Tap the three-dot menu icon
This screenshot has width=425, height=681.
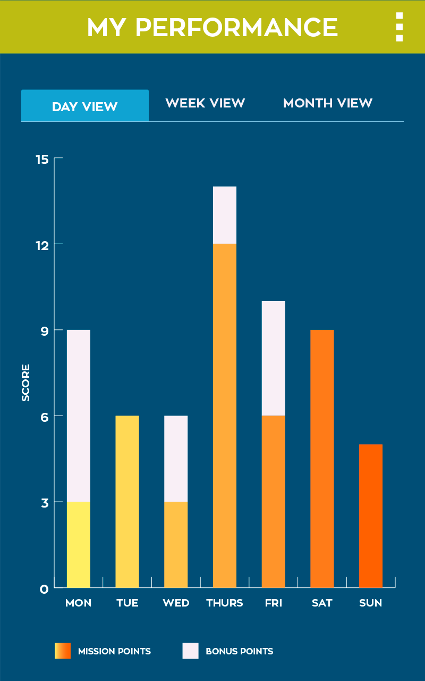tap(399, 27)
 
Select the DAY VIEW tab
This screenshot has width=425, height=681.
tap(85, 106)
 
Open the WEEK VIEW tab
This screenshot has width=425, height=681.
tap(205, 103)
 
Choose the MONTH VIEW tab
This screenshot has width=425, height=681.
tap(328, 103)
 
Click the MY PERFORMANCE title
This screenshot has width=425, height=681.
tap(212, 27)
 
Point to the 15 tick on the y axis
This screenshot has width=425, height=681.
tap(42, 159)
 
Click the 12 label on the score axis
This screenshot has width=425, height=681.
tap(42, 245)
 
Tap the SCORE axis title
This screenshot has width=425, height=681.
tap(26, 383)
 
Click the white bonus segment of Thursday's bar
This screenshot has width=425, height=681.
tap(225, 215)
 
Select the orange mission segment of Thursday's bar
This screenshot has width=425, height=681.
tap(225, 415)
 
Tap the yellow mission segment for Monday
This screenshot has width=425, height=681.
tap(79, 544)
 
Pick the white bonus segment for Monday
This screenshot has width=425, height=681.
tap(79, 416)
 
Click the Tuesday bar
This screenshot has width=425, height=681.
tap(127, 501)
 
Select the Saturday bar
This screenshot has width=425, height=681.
tap(322, 458)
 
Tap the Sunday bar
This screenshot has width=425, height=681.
tap(371, 516)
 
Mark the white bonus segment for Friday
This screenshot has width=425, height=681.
tap(274, 358)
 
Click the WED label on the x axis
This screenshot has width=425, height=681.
tap(176, 603)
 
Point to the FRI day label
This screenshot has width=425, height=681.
tap(274, 603)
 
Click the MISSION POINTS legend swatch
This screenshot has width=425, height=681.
tap(63, 651)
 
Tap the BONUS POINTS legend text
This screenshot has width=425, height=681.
tap(239, 651)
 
